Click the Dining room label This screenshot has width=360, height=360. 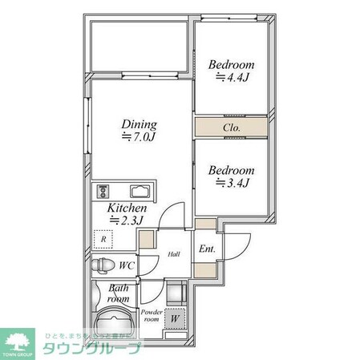click(x=139, y=124)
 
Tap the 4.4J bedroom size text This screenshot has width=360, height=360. click(x=233, y=78)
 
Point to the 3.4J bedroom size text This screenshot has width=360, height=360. click(x=233, y=184)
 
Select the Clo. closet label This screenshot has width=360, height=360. click(x=233, y=127)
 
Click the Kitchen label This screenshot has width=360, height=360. click(x=127, y=207)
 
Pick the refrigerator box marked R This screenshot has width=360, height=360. click(x=103, y=237)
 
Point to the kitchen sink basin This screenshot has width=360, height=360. click(x=140, y=192)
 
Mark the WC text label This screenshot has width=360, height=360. click(x=126, y=265)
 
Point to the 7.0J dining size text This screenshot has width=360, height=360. click(x=139, y=137)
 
